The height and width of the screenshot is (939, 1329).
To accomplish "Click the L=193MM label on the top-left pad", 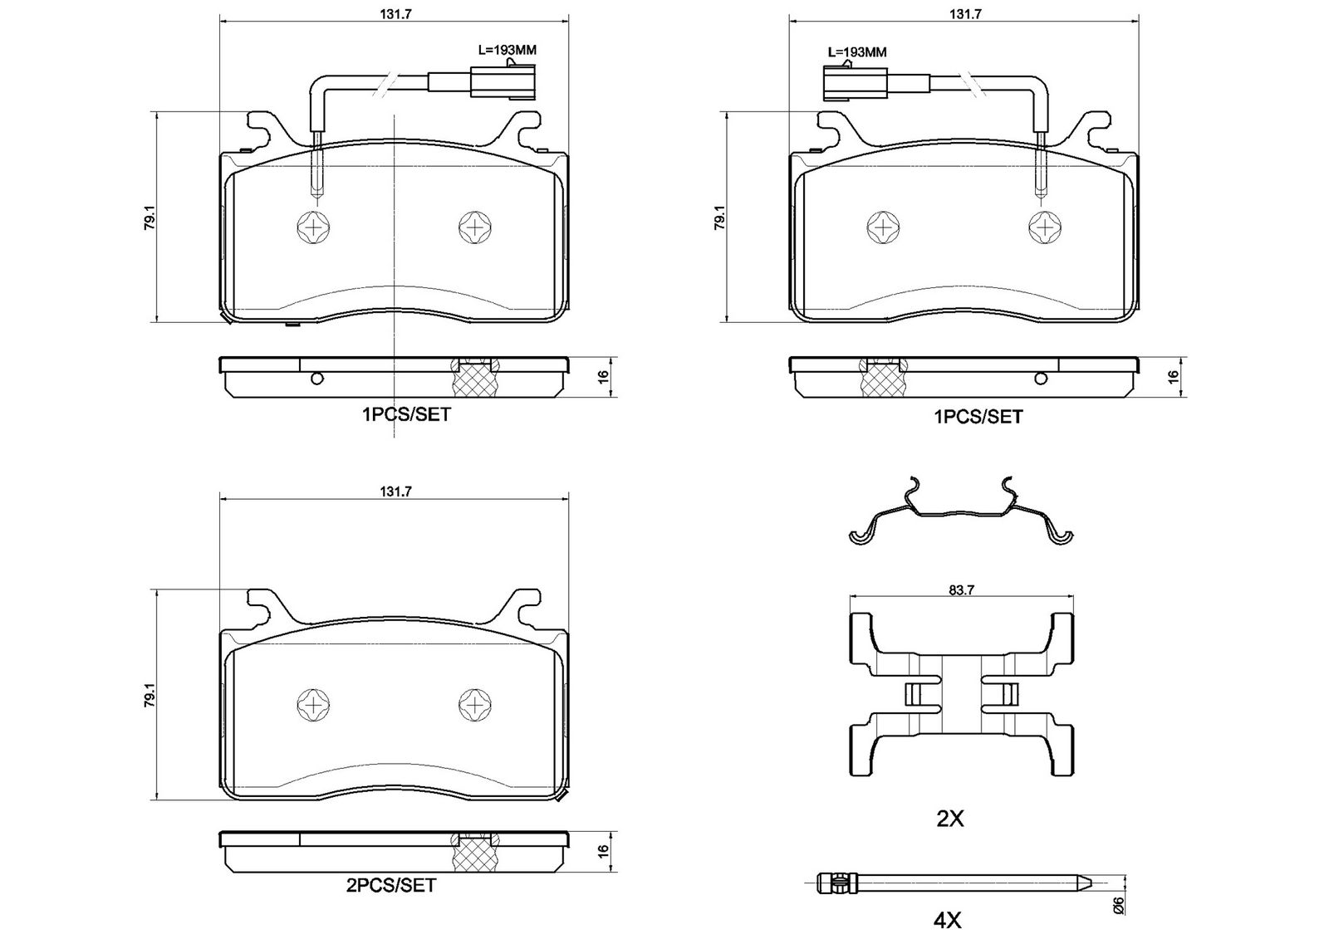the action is pos(508,50).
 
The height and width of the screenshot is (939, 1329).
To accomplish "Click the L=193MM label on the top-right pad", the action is pos(857,52).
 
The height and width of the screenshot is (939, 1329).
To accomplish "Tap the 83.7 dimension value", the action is pos(961,590).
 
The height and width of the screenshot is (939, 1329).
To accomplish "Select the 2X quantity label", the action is pos(950,819).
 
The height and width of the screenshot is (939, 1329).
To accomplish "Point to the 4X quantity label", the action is pos(947,920).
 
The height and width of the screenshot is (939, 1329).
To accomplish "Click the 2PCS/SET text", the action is pos(391,886).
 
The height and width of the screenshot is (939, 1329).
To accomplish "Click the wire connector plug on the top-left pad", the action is pos(503,82).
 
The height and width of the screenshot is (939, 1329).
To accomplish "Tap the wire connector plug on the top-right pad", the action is pos(856,84).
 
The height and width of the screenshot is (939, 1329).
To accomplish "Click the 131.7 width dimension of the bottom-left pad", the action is pos(395,492).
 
